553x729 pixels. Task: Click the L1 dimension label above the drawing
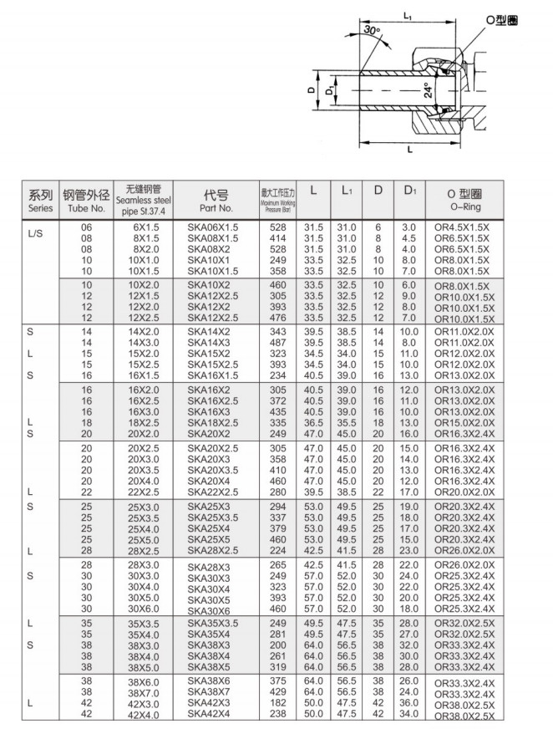pyautogui.click(x=407, y=15)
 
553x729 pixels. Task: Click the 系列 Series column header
pyautogui.click(x=40, y=199)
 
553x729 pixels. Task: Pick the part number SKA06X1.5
pyautogui.click(x=213, y=227)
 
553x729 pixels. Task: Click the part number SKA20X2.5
pyautogui.click(x=213, y=449)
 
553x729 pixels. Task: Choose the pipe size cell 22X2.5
pyautogui.click(x=144, y=492)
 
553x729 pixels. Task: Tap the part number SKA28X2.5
pyautogui.click(x=213, y=550)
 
